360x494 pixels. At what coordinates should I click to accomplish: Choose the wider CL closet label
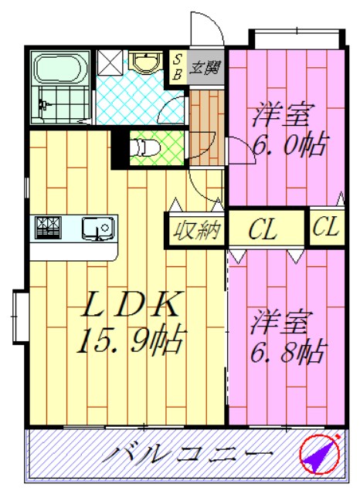coord(263,229)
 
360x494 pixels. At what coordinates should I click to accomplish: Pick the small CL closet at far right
coord(326,228)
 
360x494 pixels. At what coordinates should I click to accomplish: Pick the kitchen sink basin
coord(97,227)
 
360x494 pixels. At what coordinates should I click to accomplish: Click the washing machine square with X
coord(109,61)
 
